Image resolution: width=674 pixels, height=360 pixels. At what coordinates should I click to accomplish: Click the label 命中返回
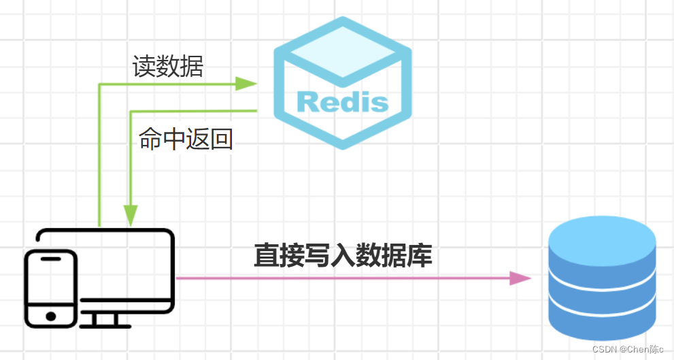click(x=186, y=139)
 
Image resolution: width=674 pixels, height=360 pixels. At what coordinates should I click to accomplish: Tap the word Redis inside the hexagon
click(x=342, y=103)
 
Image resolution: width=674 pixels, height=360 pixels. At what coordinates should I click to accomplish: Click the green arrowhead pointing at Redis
click(x=246, y=84)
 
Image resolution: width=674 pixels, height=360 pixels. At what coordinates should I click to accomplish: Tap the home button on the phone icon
click(x=50, y=316)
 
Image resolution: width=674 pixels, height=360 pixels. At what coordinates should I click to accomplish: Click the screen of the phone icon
click(x=50, y=282)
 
